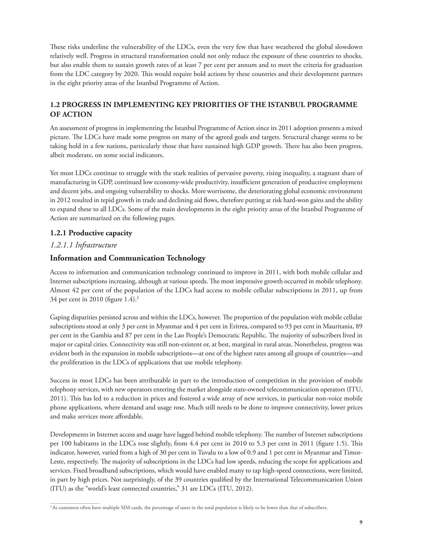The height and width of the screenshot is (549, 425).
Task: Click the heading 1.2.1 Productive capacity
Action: tap(91, 233)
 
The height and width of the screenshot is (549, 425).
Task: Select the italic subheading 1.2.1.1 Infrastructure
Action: tap(83, 245)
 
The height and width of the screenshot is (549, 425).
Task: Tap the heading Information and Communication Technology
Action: tap(128, 258)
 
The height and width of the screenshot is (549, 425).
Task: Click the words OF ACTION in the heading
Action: tap(71, 114)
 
